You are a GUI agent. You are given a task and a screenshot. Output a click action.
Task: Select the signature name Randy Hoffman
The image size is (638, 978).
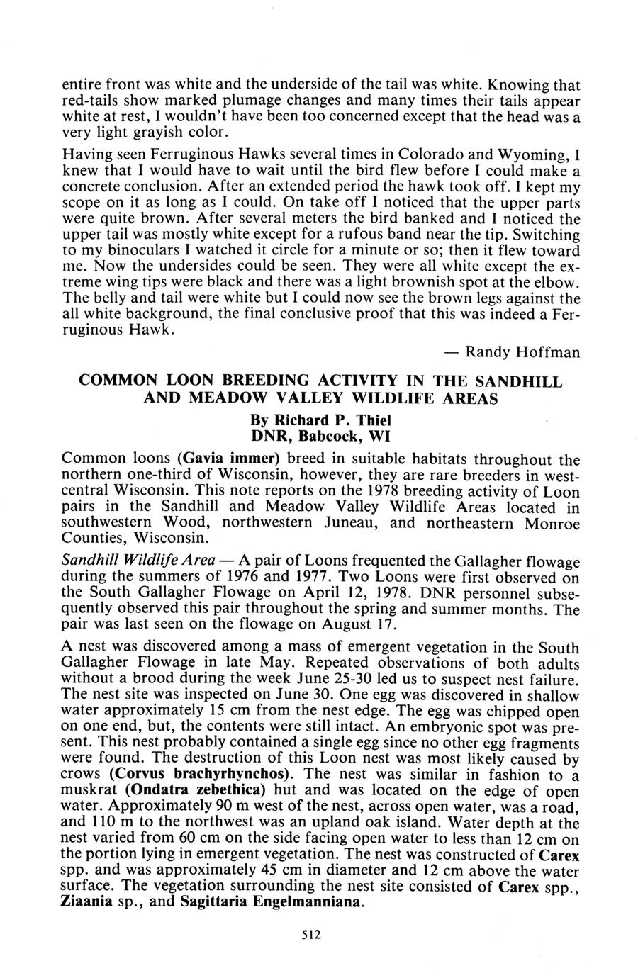[x=523, y=352]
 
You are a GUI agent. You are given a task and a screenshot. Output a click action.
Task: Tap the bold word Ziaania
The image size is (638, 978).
[x=88, y=902]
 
